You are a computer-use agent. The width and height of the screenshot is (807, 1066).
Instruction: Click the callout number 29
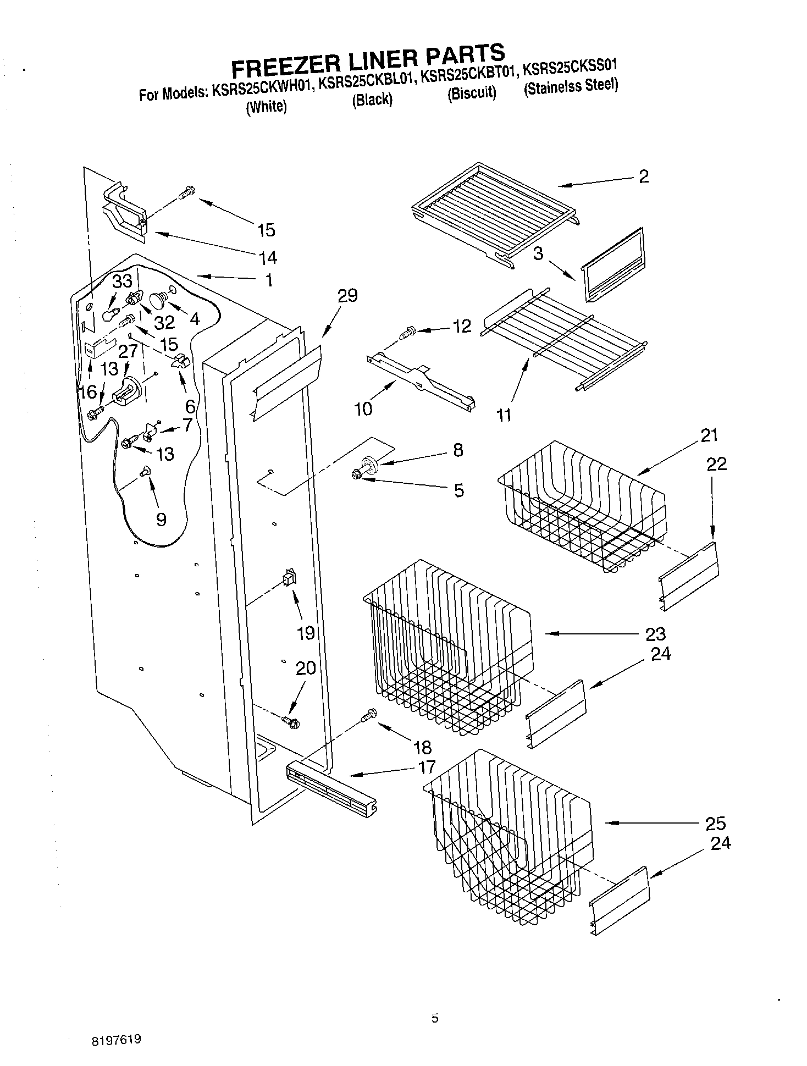pyautogui.click(x=347, y=295)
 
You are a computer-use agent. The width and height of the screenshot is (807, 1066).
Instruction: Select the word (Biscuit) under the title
pyautogui.click(x=472, y=93)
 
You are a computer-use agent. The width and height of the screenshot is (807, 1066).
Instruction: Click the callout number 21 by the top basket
pyautogui.click(x=709, y=435)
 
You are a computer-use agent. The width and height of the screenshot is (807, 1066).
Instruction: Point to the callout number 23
pyautogui.click(x=655, y=634)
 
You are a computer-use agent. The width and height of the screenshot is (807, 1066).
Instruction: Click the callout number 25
pyautogui.click(x=715, y=823)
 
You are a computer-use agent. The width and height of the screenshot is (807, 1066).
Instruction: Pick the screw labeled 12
pyautogui.click(x=408, y=333)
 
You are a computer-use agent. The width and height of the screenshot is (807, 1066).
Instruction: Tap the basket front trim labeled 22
pyautogui.click(x=689, y=576)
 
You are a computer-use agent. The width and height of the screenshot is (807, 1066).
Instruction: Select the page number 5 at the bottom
pyautogui.click(x=435, y=1018)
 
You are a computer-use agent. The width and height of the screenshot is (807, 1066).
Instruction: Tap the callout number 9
pyautogui.click(x=161, y=519)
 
